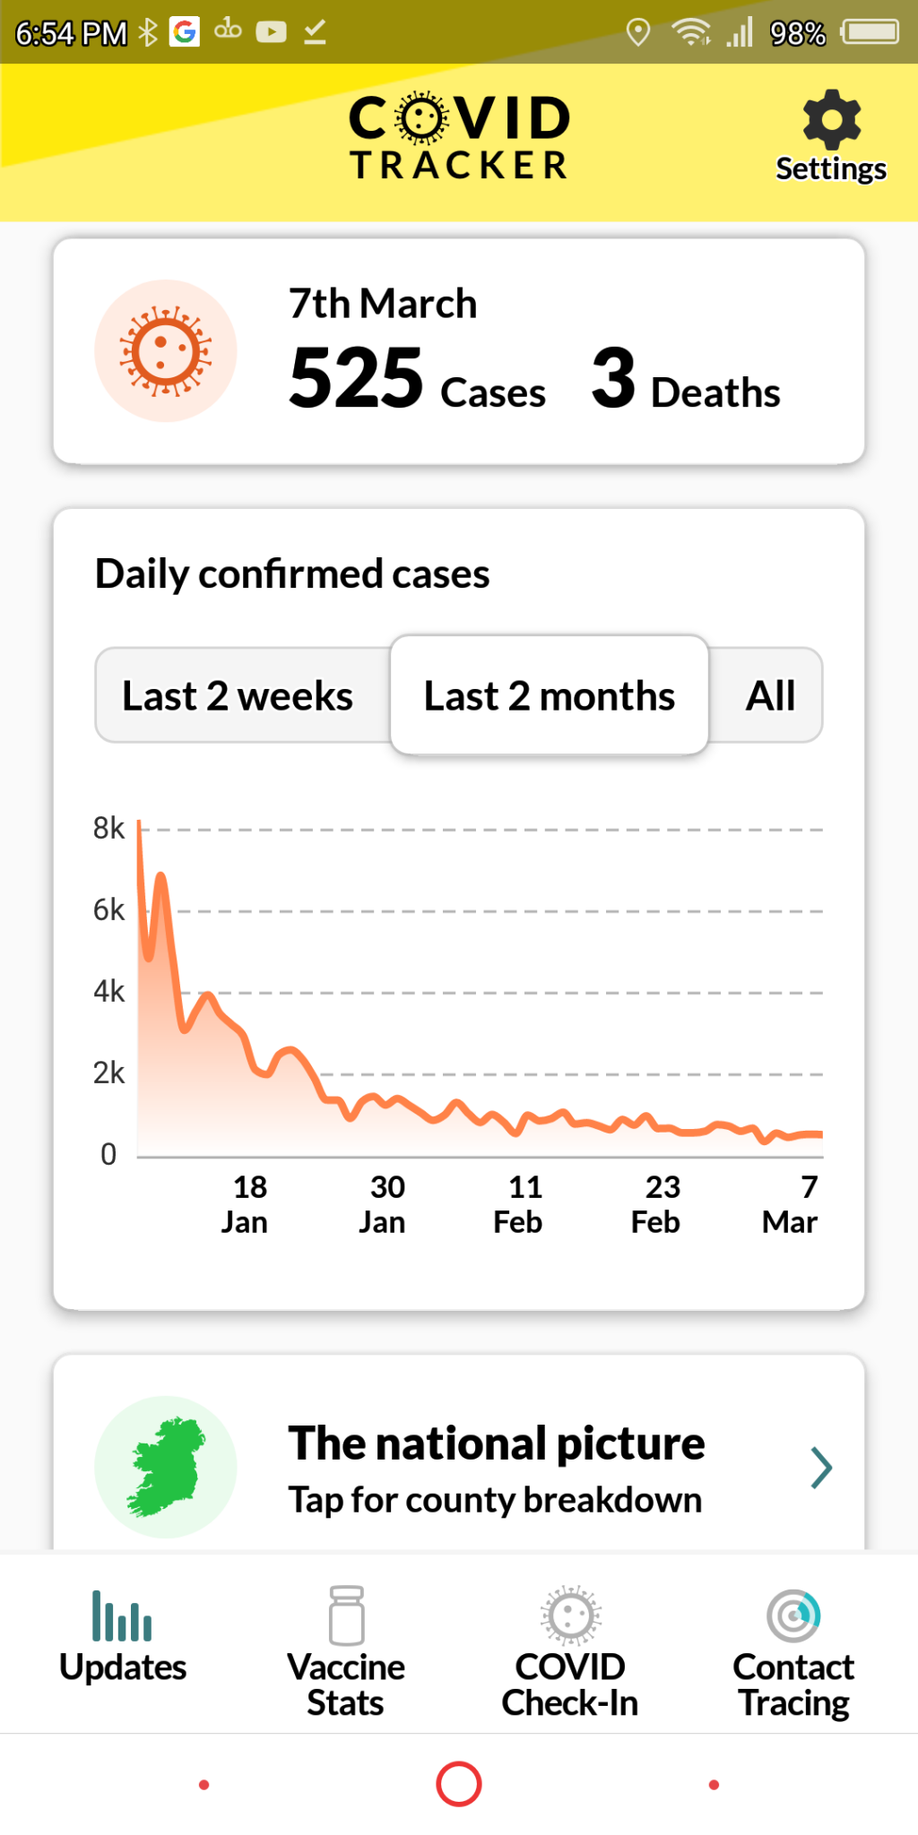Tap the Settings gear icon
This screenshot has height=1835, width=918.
(831, 119)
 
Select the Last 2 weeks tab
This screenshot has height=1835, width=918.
(238, 696)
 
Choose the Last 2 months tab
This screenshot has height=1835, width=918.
(549, 696)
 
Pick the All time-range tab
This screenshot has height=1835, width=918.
(770, 696)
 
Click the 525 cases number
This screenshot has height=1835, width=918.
(356, 378)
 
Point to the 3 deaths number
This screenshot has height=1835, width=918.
(613, 378)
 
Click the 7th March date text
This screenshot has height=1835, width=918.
(383, 304)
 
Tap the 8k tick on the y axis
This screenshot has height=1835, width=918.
(108, 828)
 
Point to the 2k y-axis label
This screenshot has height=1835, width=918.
(108, 1073)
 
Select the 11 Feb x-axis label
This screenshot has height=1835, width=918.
(520, 1204)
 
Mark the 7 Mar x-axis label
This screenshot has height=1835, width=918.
(792, 1204)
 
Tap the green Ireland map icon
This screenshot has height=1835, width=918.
(166, 1466)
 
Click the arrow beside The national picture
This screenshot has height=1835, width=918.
(821, 1468)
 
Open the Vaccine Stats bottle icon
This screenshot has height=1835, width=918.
(346, 1615)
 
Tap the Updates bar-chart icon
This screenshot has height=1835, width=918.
(122, 1615)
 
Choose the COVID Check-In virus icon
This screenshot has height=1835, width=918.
(570, 1615)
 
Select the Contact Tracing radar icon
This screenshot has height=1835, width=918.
(793, 1615)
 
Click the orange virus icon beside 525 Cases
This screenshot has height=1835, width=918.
(166, 351)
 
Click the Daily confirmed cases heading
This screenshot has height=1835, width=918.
(292, 574)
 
